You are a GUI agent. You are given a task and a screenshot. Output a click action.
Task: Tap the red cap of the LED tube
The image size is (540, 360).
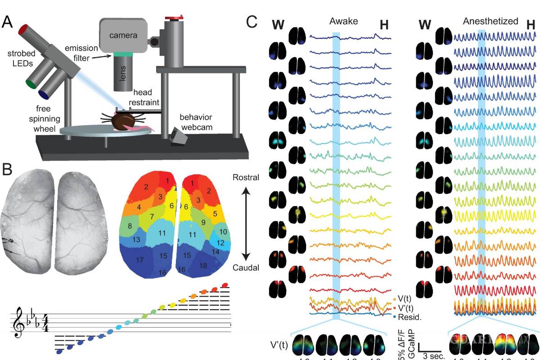(x=23, y=30)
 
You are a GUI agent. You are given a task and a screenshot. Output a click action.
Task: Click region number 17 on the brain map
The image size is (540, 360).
(x=139, y=260)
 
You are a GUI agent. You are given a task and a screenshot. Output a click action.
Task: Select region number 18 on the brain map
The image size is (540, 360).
(x=216, y=265)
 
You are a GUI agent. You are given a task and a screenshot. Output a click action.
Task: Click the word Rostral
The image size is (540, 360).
(x=246, y=177)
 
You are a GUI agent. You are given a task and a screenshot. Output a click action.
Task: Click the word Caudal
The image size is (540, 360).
(x=246, y=268)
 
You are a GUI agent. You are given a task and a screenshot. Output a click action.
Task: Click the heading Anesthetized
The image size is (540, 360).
(x=490, y=21)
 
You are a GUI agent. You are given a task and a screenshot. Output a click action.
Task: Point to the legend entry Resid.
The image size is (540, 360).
(x=410, y=317)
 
